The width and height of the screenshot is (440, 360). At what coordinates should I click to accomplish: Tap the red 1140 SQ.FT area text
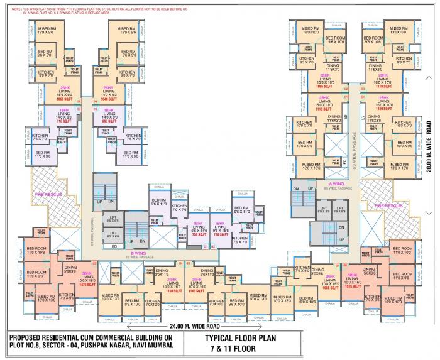[x=195, y=291]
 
